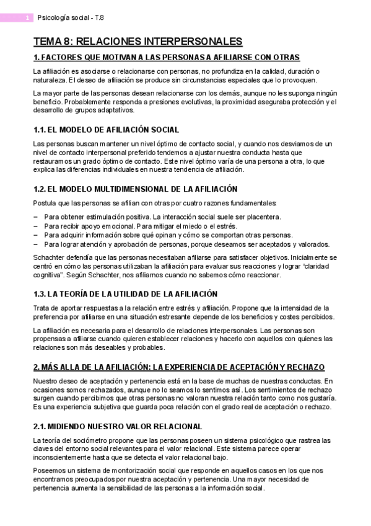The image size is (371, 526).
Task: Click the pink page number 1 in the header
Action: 28,19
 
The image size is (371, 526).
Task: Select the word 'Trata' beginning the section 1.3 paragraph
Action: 41,308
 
